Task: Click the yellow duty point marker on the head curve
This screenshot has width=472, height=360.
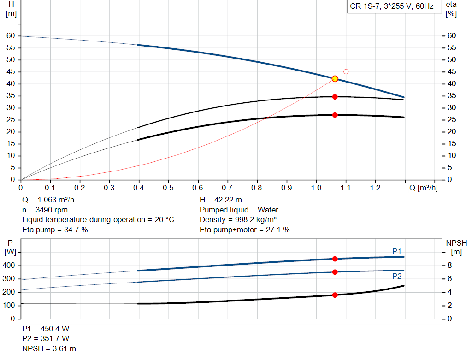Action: pyautogui.click(x=335, y=79)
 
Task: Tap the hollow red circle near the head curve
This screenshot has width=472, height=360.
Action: pyautogui.click(x=346, y=71)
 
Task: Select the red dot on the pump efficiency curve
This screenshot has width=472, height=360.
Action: pyautogui.click(x=335, y=97)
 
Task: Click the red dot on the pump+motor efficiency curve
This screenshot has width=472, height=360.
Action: pyautogui.click(x=335, y=115)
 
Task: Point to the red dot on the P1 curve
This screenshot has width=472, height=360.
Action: pyautogui.click(x=335, y=259)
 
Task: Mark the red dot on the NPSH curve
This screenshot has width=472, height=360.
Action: pyautogui.click(x=335, y=295)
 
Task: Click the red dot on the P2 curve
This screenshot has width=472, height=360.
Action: pyautogui.click(x=335, y=272)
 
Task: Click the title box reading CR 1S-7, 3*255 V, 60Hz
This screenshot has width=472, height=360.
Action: pyautogui.click(x=392, y=7)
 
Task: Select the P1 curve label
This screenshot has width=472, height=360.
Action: pyautogui.click(x=397, y=251)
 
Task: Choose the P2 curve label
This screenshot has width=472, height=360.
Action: pyautogui.click(x=397, y=276)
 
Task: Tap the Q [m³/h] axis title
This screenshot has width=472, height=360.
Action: pyautogui.click(x=423, y=188)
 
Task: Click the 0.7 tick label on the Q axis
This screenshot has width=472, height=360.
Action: pyautogui.click(x=227, y=188)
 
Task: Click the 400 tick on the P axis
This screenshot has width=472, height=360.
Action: pyautogui.click(x=10, y=266)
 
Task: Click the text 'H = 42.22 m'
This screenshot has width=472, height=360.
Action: pyautogui.click(x=221, y=200)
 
